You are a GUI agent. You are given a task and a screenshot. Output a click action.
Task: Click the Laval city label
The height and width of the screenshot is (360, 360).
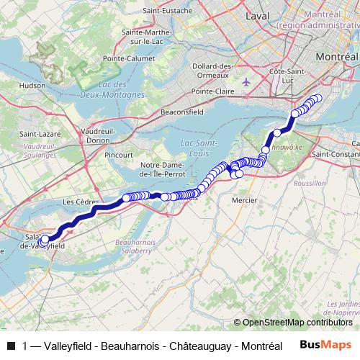pos(257,14)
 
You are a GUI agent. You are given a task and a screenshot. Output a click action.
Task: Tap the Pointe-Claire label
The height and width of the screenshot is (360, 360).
pos(214,92)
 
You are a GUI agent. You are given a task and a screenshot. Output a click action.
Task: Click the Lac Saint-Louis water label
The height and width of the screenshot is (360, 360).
pos(196,147)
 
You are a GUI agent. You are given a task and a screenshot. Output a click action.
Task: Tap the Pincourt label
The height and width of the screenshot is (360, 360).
pos(118,155)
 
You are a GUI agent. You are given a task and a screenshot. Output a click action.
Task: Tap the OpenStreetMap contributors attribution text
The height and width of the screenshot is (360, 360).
pos(296,322)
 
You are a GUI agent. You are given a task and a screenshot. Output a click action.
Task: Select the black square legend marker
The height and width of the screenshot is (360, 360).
pos(11,346)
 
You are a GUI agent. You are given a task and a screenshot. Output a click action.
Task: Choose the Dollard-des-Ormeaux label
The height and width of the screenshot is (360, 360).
pos(213,71)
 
